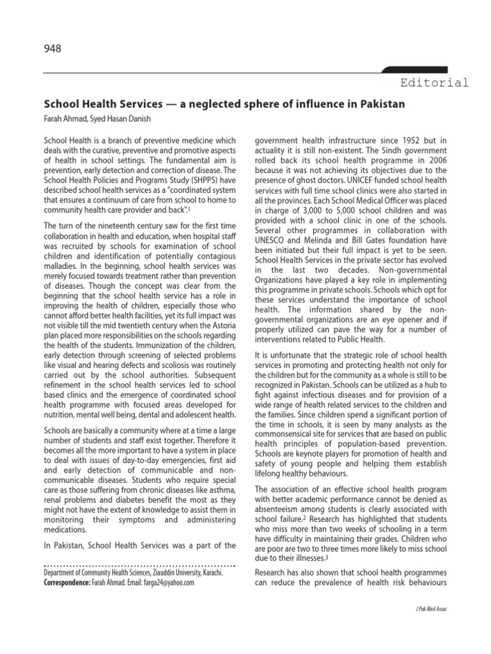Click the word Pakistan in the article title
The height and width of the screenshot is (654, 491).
click(x=381, y=104)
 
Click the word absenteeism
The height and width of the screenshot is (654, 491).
click(x=281, y=511)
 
